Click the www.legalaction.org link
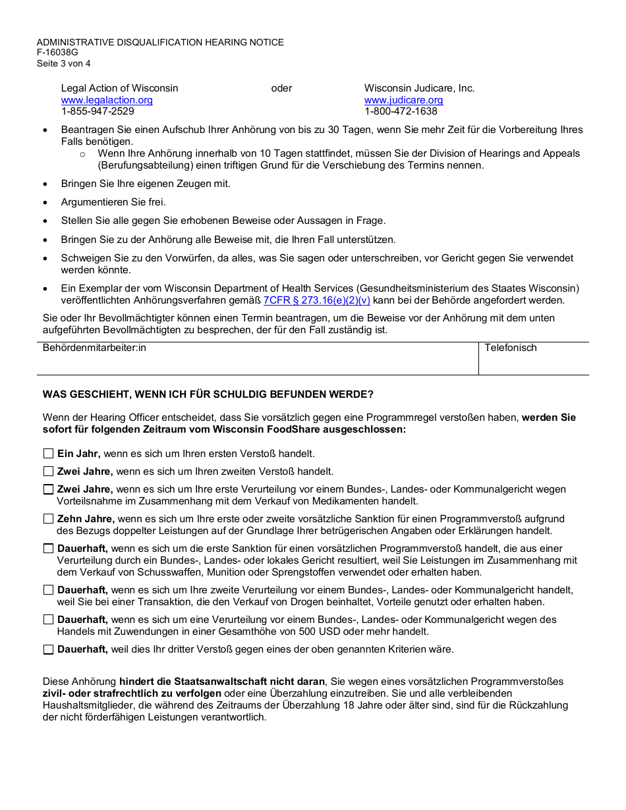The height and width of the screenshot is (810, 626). click(x=107, y=100)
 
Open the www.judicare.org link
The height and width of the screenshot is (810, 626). click(x=403, y=100)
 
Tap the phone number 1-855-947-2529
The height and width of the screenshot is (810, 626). click(x=98, y=111)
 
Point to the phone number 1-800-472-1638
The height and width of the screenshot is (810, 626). click(x=401, y=111)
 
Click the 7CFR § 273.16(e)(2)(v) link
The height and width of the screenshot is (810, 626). click(x=317, y=300)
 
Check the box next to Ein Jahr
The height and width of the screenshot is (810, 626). click(x=48, y=454)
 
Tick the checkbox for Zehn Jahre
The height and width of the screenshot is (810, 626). click(x=48, y=519)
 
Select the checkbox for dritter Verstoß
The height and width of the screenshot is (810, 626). click(x=48, y=649)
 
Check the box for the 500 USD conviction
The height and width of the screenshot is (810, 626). click(x=48, y=620)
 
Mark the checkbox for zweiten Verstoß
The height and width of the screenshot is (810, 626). click(x=48, y=472)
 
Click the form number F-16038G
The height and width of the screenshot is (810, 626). click(x=57, y=53)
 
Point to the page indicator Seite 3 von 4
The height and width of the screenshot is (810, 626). click(x=63, y=64)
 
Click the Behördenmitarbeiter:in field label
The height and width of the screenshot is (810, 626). click(x=94, y=348)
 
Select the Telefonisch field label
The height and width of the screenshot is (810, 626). click(x=511, y=348)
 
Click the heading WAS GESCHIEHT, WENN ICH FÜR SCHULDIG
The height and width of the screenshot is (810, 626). click(x=208, y=394)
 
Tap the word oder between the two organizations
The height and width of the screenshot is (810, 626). click(x=281, y=88)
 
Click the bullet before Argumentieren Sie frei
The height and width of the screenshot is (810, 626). click(x=45, y=203)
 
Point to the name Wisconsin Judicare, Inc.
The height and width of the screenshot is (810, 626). click(x=419, y=88)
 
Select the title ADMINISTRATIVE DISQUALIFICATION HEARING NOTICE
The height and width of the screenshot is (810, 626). click(x=160, y=42)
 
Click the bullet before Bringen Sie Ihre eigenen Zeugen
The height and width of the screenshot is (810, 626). click(x=45, y=184)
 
